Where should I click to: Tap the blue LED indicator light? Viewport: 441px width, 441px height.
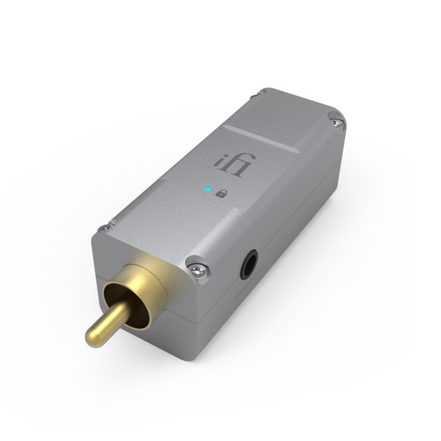207,189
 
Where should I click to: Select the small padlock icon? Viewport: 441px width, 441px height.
221,193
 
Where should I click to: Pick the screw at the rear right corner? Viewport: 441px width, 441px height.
334,120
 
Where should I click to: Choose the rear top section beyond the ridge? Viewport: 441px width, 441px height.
290,112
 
